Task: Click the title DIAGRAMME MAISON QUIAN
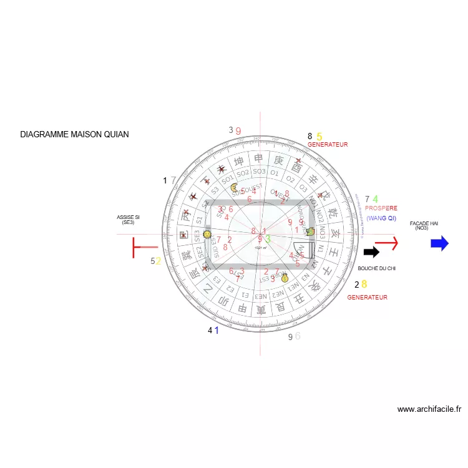pos(74,134)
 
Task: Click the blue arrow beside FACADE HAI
pos(439,243)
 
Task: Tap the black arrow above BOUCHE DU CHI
pos(371,252)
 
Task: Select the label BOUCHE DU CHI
pos(377,268)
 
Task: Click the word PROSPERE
pos(381,208)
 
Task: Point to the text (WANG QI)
pos(381,218)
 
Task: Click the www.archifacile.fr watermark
pos(429,409)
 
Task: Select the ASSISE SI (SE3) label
pos(129,220)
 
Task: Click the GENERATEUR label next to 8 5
pos(328,145)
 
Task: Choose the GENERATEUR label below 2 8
pos(367,298)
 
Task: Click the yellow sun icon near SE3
pos(208,235)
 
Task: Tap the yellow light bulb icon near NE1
pos(285,278)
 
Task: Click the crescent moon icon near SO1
pos(234,187)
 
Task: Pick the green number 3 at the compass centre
pos(268,238)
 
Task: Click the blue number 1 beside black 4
pos(217,330)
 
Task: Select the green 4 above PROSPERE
pos(376,199)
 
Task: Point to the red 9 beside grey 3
pos(238,131)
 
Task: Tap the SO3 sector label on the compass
pos(260,172)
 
